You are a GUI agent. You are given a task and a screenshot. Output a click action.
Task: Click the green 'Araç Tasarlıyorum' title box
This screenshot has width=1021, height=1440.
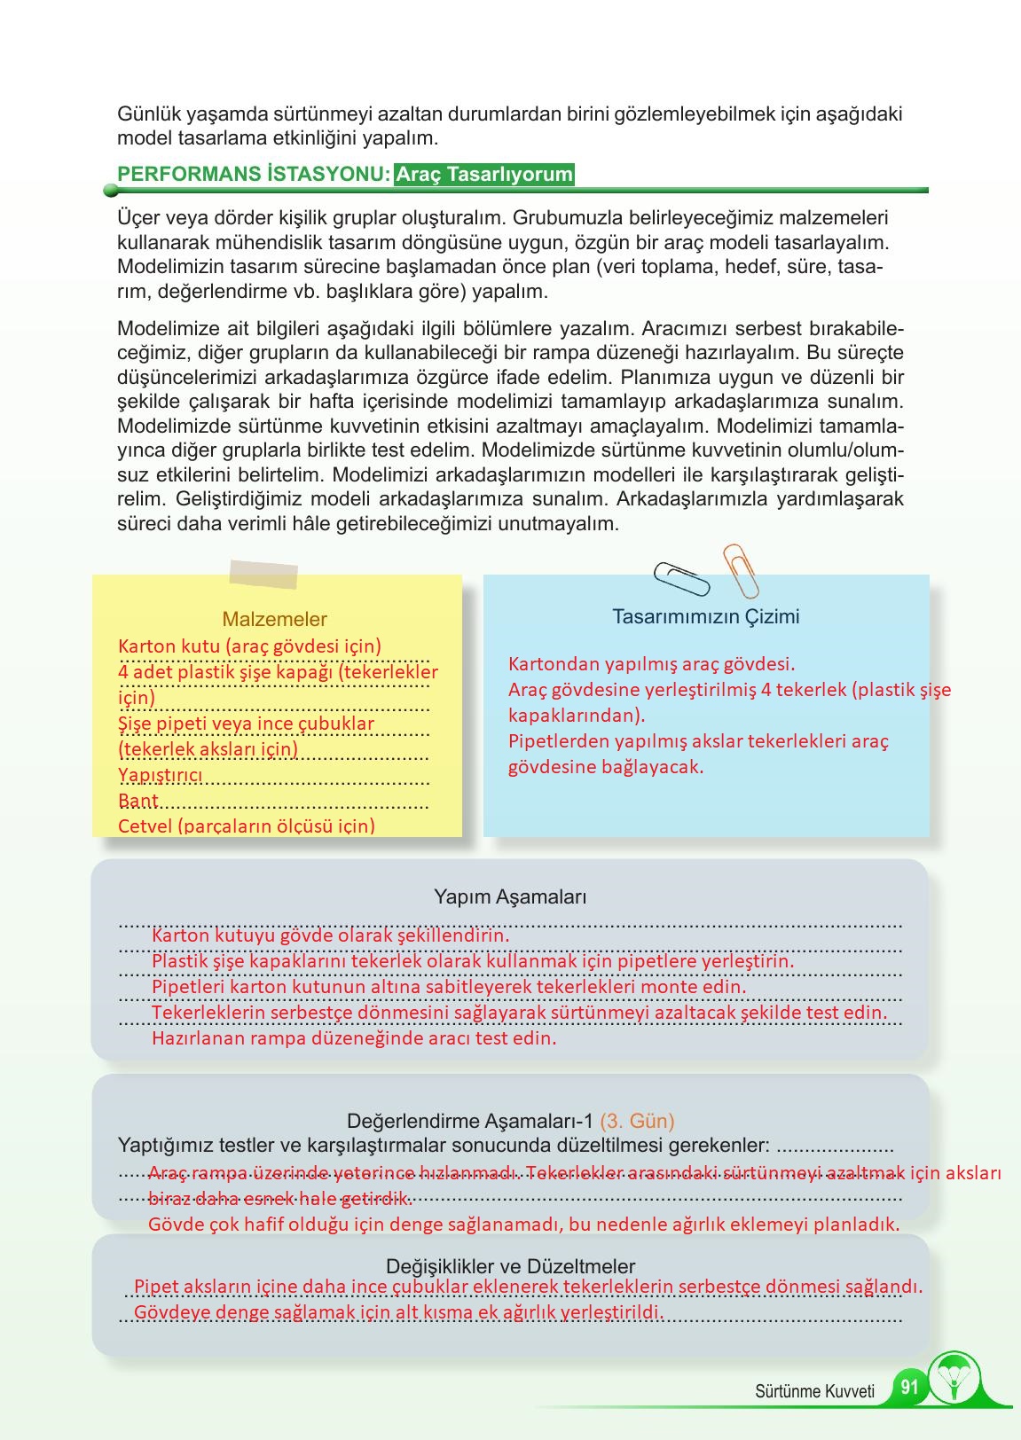[x=484, y=174]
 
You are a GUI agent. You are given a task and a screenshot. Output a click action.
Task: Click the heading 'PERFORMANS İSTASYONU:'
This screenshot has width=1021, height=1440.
[x=254, y=174]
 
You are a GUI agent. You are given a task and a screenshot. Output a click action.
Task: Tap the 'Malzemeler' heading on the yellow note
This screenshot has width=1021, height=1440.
[x=274, y=619]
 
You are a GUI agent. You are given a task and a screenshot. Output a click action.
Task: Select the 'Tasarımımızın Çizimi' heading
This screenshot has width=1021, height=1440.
[x=705, y=616]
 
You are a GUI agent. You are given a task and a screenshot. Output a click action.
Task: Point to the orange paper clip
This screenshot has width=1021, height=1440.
[x=741, y=569]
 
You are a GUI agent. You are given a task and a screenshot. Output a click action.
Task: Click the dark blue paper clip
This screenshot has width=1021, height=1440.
[x=681, y=579]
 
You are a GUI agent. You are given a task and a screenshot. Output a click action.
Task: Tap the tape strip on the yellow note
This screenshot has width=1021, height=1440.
[x=263, y=574]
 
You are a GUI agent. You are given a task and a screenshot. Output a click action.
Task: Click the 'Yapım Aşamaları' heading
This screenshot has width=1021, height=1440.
[x=510, y=896]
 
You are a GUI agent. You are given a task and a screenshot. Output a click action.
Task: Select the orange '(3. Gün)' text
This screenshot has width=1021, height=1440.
[x=637, y=1121]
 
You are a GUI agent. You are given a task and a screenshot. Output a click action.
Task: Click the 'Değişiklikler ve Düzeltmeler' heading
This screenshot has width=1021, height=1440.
[x=510, y=1266]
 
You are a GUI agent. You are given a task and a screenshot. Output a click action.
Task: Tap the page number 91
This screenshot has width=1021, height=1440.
[x=908, y=1387]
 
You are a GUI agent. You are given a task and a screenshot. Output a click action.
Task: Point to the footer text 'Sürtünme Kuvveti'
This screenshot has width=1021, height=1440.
[x=814, y=1391]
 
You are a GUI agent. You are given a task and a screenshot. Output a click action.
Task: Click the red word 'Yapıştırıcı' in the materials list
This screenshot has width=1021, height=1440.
[x=161, y=776]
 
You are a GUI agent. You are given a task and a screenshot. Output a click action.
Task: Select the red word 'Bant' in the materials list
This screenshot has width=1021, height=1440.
[x=138, y=802]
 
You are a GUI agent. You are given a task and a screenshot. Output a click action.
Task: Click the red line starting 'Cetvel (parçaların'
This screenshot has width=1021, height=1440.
[x=247, y=826]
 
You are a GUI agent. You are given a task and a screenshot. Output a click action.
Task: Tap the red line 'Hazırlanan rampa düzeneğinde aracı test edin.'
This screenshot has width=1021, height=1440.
[x=354, y=1037]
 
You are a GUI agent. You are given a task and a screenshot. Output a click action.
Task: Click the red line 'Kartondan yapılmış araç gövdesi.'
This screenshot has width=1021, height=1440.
[x=651, y=664]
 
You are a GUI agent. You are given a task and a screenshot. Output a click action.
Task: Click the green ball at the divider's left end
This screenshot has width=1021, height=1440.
[x=111, y=190]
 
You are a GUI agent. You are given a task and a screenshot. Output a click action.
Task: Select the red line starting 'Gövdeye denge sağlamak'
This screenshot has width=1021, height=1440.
[x=398, y=1312]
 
